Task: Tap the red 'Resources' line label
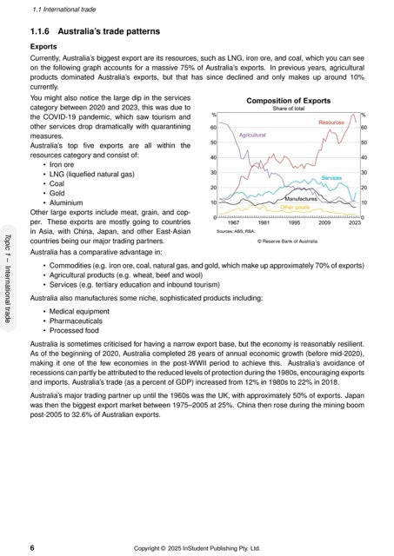pyautogui.click(x=331, y=123)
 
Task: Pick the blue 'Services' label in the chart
pyautogui.click(x=331, y=177)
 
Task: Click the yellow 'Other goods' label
pyautogui.click(x=295, y=208)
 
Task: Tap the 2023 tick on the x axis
pyautogui.click(x=354, y=223)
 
